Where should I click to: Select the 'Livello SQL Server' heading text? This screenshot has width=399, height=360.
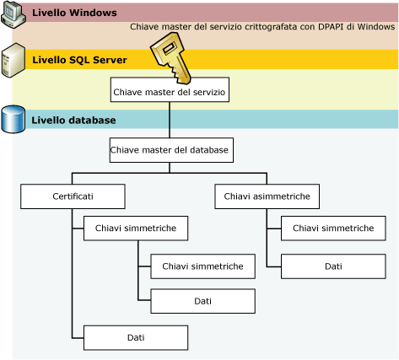79,60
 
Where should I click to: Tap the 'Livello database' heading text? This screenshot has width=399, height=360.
73,121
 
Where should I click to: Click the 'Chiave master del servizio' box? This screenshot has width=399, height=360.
170,90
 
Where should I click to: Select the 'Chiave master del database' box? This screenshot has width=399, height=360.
170,150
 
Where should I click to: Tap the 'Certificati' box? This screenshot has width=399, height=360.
73,196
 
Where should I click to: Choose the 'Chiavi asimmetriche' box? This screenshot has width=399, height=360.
267,196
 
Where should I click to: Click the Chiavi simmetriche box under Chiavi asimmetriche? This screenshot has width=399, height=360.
333,228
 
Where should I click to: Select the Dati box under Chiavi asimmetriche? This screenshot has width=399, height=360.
333,266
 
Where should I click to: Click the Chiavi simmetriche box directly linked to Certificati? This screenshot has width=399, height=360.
135,228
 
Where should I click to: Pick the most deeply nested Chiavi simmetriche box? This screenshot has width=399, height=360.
202,266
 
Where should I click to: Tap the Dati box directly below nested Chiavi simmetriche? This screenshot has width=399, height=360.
202,301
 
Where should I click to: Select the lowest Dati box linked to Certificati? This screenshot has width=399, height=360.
135,337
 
